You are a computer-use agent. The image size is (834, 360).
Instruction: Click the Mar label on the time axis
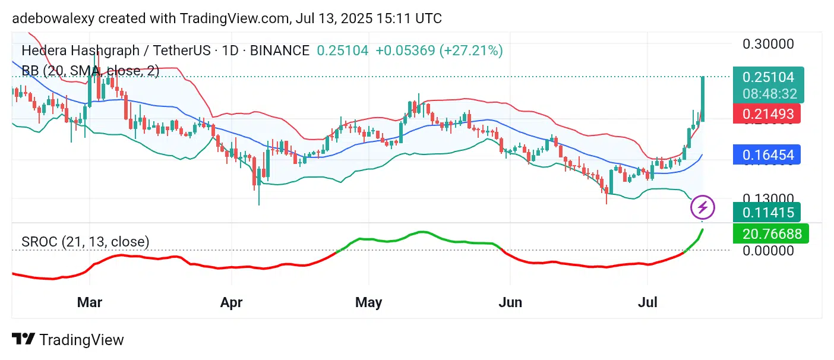tap(90, 302)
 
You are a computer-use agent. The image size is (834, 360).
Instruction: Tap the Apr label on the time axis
tap(231, 302)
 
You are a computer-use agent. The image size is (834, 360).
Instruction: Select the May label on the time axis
tap(368, 302)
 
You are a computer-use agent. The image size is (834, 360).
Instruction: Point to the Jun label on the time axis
tap(510, 302)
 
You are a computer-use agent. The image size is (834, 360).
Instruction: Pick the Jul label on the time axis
tap(647, 302)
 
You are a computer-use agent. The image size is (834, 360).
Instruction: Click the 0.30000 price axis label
tap(768, 44)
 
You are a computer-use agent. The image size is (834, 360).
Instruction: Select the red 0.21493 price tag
tap(768, 113)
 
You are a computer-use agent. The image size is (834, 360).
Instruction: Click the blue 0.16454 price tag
tap(768, 155)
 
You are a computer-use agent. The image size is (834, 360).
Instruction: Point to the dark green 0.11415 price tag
tap(768, 211)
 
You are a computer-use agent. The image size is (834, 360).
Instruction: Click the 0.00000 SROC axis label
tap(768, 251)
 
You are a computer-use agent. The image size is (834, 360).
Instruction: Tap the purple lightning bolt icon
tap(703, 207)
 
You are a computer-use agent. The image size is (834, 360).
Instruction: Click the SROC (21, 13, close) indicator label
tap(86, 242)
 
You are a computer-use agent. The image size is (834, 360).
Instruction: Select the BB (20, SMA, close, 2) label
tap(90, 71)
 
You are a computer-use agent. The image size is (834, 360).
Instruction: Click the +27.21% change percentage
tap(471, 50)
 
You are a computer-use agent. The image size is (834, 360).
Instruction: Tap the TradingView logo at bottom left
tap(68, 340)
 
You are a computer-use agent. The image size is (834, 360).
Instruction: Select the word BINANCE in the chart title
tap(279, 50)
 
